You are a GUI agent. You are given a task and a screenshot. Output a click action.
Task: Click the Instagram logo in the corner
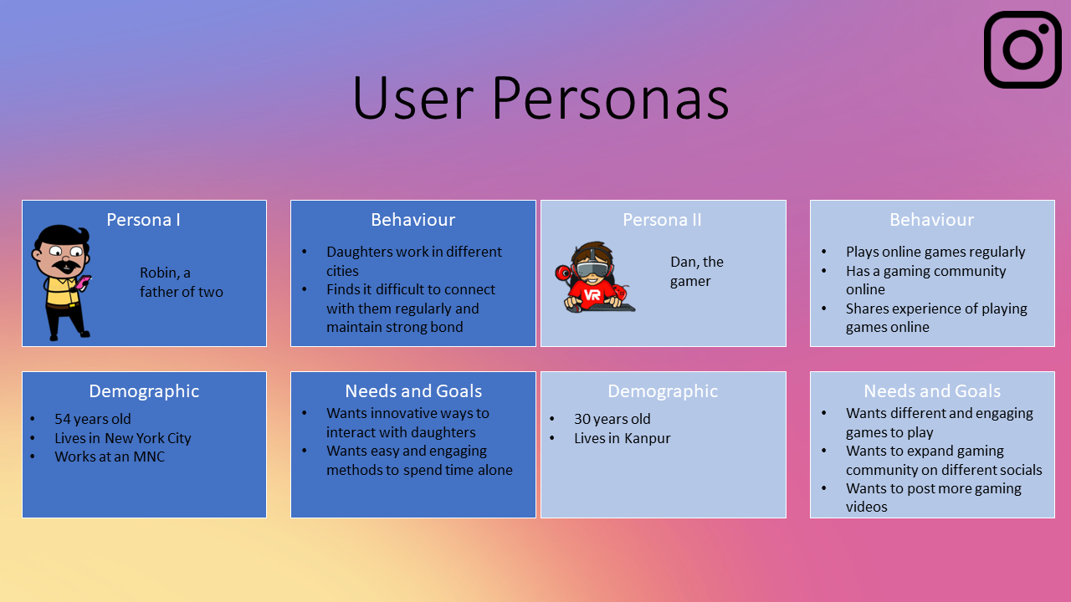pos(1022,49)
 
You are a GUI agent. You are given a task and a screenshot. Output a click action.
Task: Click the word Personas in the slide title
pos(610,98)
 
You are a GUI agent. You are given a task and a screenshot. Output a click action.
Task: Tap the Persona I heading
pos(143,220)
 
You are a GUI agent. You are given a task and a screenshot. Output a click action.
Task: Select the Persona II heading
pos(662,220)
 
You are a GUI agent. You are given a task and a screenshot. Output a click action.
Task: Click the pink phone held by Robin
pos(83,282)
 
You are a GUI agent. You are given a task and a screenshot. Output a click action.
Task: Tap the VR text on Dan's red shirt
pos(592,295)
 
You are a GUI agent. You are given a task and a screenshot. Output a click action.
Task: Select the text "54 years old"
pos(93,419)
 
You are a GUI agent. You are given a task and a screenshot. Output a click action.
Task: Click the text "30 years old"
pos(612,419)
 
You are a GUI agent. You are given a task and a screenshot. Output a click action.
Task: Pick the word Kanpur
pos(648,438)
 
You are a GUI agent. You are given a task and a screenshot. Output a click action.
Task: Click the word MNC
pos(149,457)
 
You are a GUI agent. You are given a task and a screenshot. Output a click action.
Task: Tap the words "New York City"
pos(148,438)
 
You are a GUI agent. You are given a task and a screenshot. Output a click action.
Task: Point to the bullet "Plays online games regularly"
pos(935,252)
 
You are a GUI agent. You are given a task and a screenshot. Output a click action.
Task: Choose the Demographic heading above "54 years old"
pos(144,391)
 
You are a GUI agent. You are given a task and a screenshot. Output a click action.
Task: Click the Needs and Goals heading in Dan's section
pos(932,391)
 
